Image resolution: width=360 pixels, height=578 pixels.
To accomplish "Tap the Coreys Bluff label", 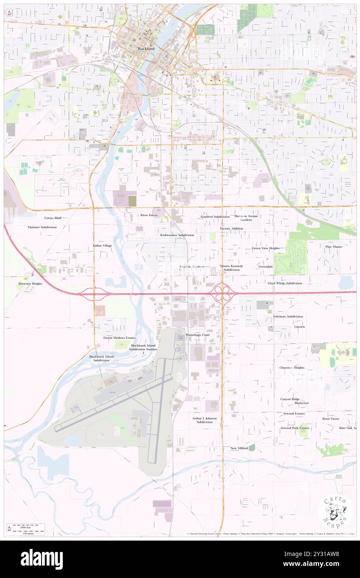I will (53, 217).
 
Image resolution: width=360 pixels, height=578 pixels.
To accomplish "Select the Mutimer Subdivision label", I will (42, 227).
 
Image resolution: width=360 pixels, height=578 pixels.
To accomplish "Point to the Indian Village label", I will (102, 246).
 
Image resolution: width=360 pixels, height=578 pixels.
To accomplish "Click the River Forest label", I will (149, 215).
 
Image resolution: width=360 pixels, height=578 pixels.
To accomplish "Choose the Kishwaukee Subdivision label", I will (177, 235).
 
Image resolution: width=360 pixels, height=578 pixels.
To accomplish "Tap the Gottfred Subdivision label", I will (215, 217).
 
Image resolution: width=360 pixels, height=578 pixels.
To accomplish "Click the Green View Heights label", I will (266, 248).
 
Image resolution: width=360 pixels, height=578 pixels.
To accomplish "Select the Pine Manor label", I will (333, 247).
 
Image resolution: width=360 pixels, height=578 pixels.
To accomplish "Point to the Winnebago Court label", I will (197, 335).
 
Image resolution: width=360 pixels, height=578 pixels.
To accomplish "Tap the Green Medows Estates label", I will (119, 338).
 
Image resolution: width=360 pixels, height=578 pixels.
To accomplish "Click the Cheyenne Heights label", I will (292, 368).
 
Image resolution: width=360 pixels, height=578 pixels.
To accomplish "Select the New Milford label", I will (239, 448).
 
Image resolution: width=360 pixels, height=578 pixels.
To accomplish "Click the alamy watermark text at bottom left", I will (42, 559).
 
